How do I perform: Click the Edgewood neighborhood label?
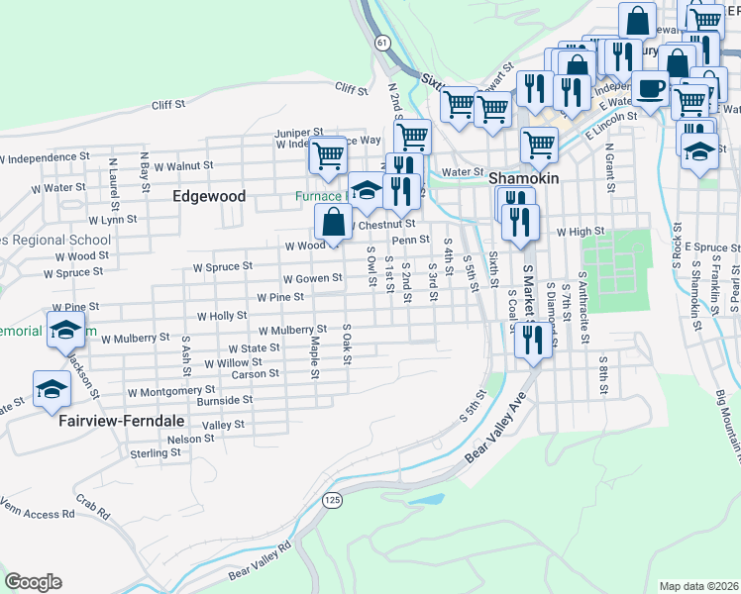click(x=209, y=196)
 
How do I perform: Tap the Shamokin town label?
click(x=524, y=177)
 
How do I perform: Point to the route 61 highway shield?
click(x=382, y=43)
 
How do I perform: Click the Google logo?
click(x=33, y=582)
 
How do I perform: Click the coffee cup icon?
click(x=650, y=89)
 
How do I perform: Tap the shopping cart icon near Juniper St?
click(x=327, y=154)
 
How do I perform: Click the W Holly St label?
click(x=222, y=316)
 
